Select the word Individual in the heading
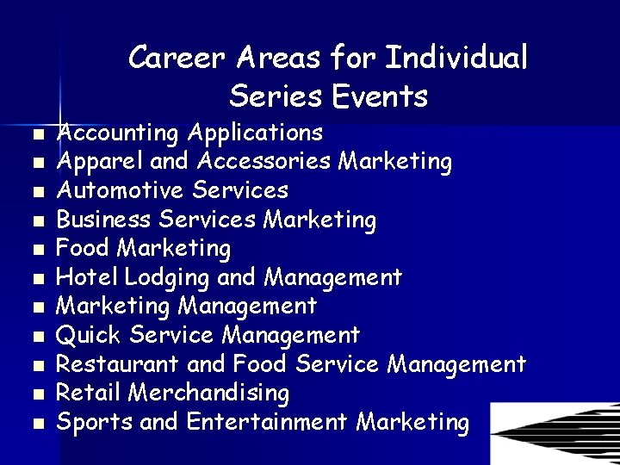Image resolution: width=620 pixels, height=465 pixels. (456, 59)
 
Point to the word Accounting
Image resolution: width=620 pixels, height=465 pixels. (117, 133)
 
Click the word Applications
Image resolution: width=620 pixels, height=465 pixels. (255, 133)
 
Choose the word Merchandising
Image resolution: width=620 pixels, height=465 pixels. (208, 394)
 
